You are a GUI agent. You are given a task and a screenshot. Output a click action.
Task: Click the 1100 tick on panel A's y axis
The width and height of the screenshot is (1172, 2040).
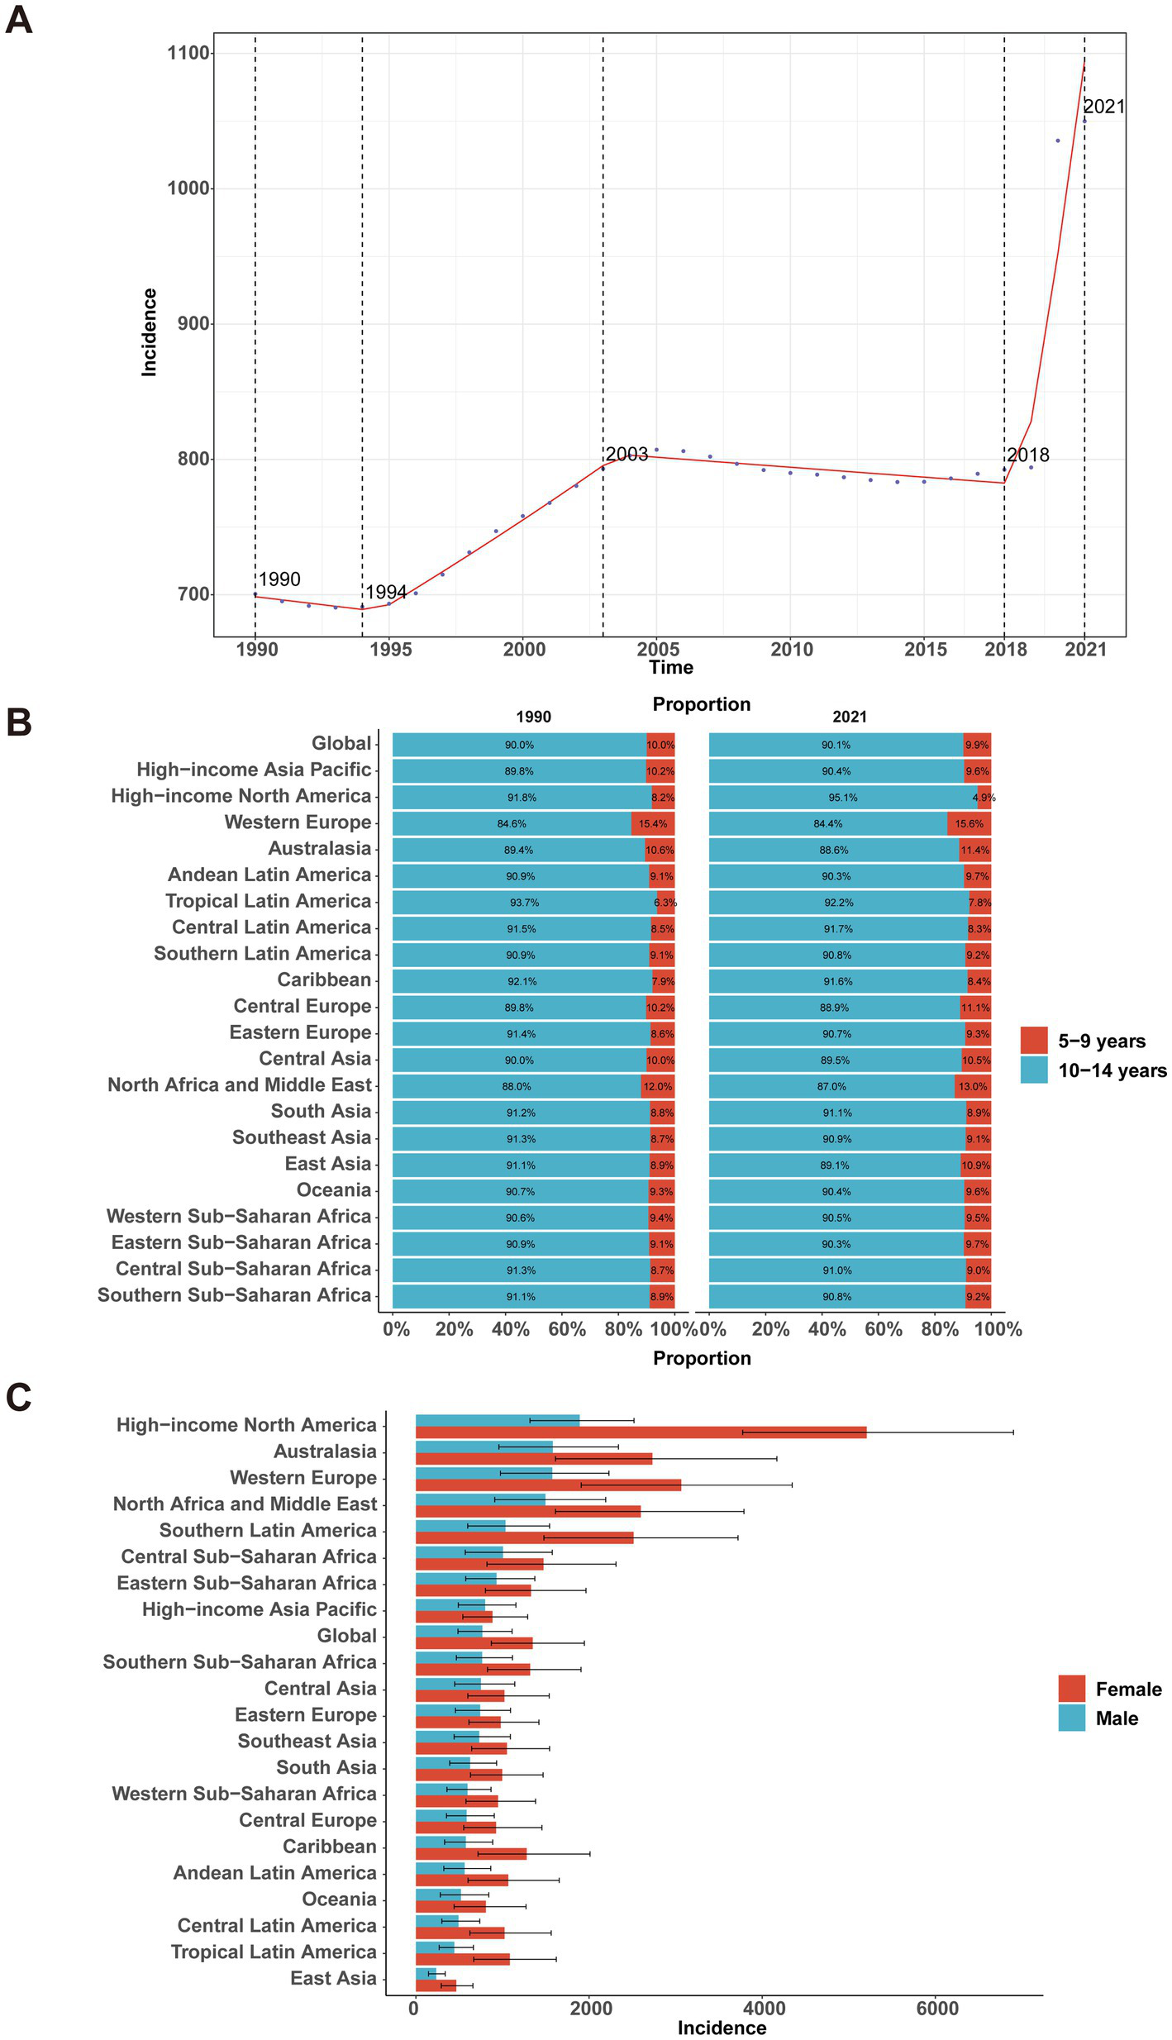coord(188,54)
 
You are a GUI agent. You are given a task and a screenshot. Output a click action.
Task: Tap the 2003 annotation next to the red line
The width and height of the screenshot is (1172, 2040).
coord(626,454)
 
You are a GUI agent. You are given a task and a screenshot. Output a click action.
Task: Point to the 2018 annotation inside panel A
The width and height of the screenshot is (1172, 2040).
coord(1028,455)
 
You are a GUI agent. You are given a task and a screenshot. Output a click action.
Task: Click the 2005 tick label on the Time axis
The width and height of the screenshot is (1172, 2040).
coord(658,649)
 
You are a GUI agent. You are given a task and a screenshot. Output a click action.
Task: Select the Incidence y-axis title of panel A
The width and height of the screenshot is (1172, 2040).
coord(149,332)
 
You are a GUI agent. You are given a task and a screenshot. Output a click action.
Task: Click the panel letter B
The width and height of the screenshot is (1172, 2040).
coord(19,722)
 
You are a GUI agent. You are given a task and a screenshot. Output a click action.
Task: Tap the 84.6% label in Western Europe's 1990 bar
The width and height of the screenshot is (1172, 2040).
coord(512,824)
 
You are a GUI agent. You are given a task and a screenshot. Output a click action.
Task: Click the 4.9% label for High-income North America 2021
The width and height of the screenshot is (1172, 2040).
coord(984,798)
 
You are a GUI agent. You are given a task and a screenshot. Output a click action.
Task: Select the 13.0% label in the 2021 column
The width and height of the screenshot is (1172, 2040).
coord(972,1086)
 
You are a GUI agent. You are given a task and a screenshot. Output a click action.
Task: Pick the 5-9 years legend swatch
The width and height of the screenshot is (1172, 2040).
coord(1034,1041)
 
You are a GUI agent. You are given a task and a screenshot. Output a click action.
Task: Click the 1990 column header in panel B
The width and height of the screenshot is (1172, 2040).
coord(533,717)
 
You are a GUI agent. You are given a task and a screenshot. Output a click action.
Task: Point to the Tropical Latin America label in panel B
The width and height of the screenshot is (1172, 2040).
coord(269,901)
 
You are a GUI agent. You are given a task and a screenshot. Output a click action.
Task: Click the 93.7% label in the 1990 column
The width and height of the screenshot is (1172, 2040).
coord(524,903)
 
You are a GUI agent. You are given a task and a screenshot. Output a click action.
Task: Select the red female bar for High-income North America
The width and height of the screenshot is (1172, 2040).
coord(641,1432)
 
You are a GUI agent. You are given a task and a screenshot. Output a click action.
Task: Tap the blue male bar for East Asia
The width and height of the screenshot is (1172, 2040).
coord(426,1973)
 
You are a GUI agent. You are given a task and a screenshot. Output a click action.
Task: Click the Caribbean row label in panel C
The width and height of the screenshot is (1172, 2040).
coord(329,1846)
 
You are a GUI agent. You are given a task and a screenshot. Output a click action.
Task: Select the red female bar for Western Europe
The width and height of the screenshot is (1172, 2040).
coord(548,1485)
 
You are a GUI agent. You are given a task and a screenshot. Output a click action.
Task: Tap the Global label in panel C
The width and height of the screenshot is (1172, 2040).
coord(346,1636)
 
